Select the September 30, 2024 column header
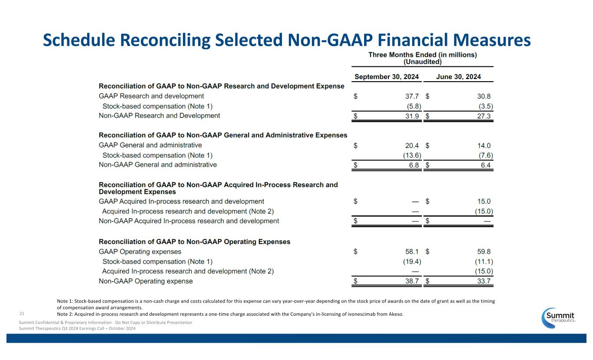pyautogui.click(x=387, y=77)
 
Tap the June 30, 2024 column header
pyautogui.click(x=458, y=77)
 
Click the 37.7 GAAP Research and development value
pyautogui.click(x=411, y=96)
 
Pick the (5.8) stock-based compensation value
pyautogui.click(x=411, y=106)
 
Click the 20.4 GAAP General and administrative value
pyautogui.click(x=411, y=145)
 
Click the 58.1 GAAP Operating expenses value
pyautogui.click(x=411, y=251)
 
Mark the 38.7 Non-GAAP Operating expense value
pyautogui.click(x=411, y=281)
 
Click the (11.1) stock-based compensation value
pyautogui.click(x=483, y=261)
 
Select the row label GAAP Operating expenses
pyautogui.click(x=140, y=251)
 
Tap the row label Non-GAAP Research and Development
pyautogui.click(x=159, y=116)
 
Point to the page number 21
pyautogui.click(x=22, y=313)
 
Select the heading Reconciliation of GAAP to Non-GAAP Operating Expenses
pyautogui.click(x=195, y=241)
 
